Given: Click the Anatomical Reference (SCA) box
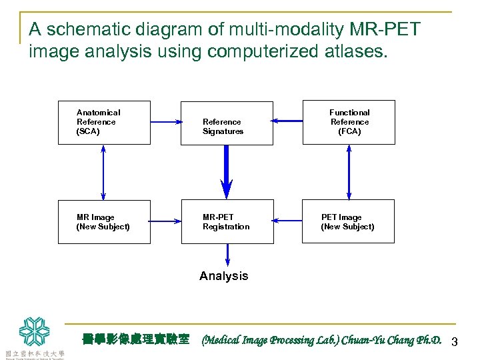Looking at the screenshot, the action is click(x=104, y=123).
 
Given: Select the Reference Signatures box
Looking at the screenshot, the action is click(x=227, y=123).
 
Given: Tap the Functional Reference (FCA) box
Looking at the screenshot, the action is click(x=349, y=123).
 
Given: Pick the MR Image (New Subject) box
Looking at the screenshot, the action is click(x=104, y=222).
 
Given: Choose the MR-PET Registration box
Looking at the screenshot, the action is click(x=227, y=222).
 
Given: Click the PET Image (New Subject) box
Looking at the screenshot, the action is click(x=349, y=222).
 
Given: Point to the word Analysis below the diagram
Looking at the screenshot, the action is click(x=224, y=276).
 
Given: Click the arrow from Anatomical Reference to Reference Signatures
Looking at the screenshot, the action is click(x=166, y=122).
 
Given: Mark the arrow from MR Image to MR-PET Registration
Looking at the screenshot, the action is click(x=166, y=221).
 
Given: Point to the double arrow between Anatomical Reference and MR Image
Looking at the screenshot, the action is click(x=103, y=172).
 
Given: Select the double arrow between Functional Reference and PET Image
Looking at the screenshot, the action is click(x=349, y=172).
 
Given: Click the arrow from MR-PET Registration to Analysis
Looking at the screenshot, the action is click(x=227, y=255).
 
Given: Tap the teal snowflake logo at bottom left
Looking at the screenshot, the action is click(x=34, y=331).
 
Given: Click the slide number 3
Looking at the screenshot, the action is click(x=455, y=342).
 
